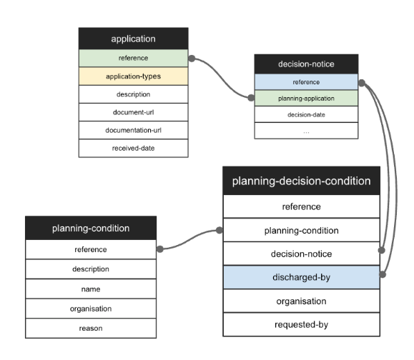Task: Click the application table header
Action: [134, 39]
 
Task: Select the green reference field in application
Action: [134, 57]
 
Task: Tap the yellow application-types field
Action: [134, 75]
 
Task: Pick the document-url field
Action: [134, 111]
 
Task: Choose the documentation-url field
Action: [134, 130]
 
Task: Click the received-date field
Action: [134, 148]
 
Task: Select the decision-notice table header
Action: [306, 64]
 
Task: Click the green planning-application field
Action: [306, 98]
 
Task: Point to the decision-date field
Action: [306, 114]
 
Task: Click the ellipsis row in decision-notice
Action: [306, 131]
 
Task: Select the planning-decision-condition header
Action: [301, 181]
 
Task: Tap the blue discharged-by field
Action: [301, 277]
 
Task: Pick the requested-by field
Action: [301, 324]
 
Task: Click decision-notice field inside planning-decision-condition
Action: [301, 254]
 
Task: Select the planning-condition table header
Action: [91, 229]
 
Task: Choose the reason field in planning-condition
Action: [91, 328]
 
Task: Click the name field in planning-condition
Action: [91, 289]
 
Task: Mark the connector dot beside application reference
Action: [192, 59]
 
